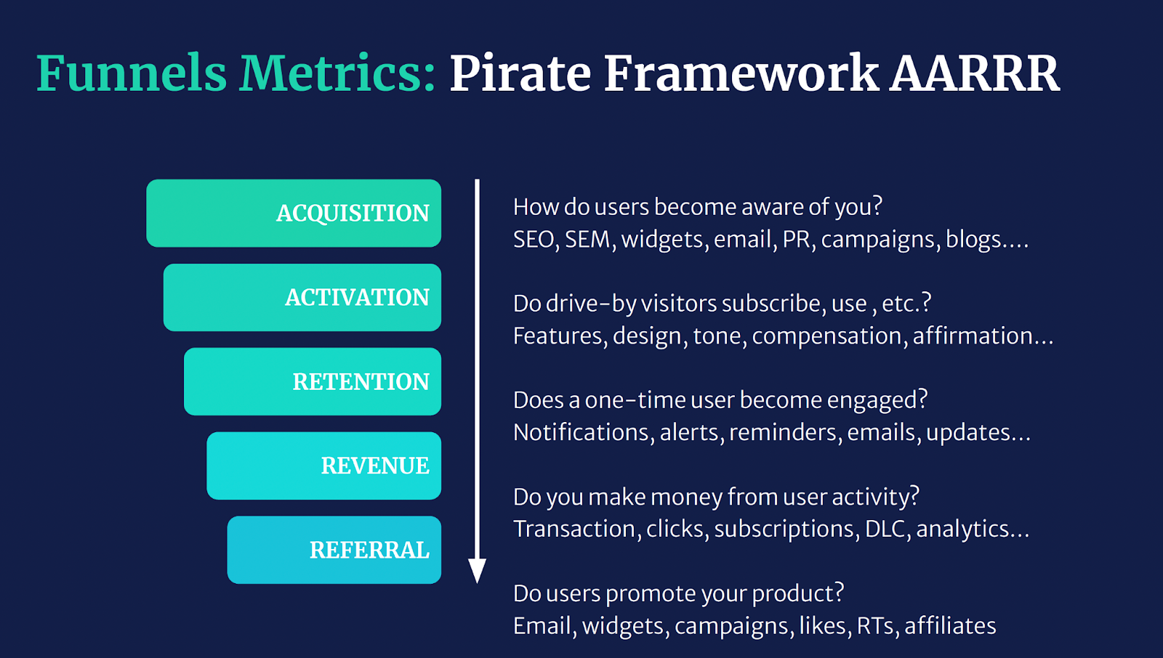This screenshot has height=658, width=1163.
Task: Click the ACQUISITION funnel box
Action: (x=294, y=213)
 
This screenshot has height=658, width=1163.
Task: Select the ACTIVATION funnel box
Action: (x=302, y=297)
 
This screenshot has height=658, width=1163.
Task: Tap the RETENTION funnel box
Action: (x=313, y=381)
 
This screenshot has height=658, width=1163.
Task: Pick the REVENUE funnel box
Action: (x=324, y=466)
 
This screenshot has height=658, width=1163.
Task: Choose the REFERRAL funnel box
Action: (x=334, y=550)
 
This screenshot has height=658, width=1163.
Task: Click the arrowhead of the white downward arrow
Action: (x=477, y=571)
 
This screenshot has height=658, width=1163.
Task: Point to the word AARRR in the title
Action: (x=975, y=73)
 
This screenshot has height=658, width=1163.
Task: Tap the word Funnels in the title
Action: (x=132, y=73)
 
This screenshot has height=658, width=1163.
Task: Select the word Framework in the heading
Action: (x=741, y=73)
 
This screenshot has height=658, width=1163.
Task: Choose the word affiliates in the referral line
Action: (x=950, y=626)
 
